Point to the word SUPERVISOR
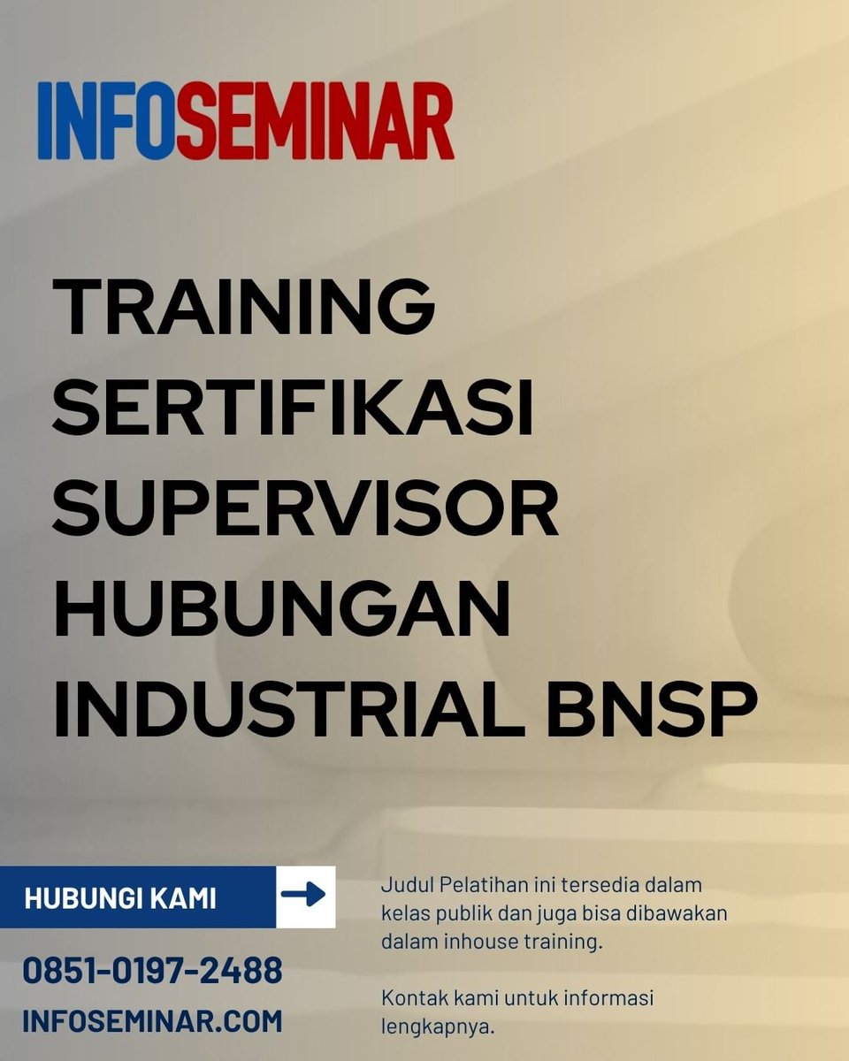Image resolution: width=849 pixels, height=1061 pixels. click(306, 511)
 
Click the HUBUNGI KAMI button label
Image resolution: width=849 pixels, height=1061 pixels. click(120, 898)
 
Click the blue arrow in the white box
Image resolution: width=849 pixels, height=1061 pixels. click(304, 897)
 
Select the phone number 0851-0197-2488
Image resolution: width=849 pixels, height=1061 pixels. click(152, 971)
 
